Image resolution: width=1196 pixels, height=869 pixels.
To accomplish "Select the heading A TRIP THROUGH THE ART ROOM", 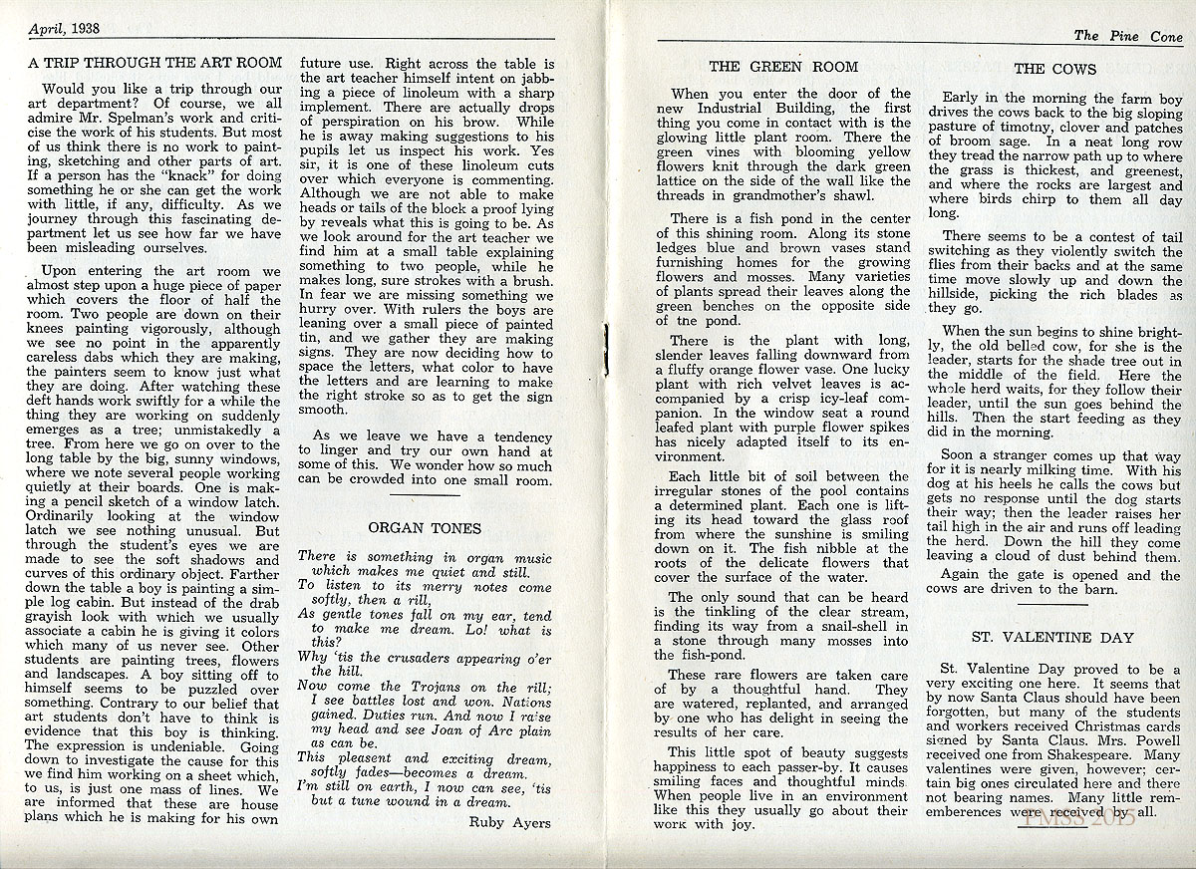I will point(155,63).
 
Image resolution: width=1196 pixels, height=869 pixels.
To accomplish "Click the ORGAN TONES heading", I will point(425,528).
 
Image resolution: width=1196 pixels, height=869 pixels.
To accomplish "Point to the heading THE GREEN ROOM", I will point(783,67).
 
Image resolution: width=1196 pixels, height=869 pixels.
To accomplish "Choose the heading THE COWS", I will point(1054,69).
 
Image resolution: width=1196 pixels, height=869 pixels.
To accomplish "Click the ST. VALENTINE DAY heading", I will point(1052,638).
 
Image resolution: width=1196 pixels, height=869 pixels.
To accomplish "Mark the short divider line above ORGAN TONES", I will point(425,495).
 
